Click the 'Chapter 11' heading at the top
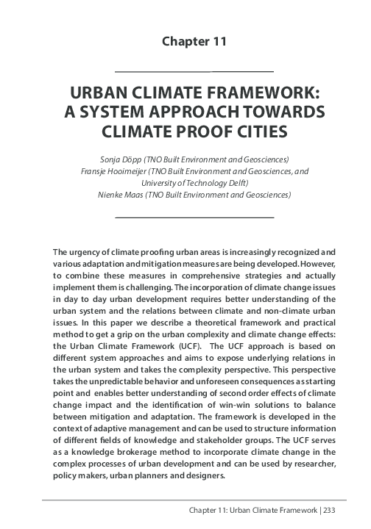(195, 41)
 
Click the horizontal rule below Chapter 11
(195, 71)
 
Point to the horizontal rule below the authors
(195, 218)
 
